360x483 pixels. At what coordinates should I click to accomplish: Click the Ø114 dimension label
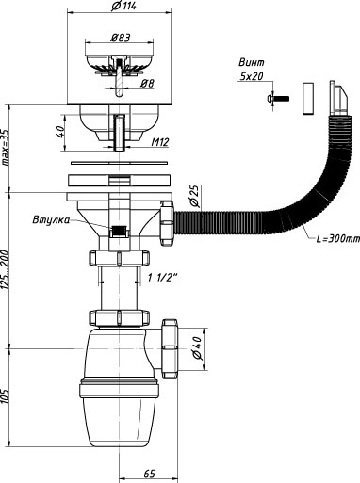coord(123,6)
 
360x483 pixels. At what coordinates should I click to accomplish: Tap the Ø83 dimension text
coord(120,38)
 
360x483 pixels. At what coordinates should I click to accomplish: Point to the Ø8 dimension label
coord(147,83)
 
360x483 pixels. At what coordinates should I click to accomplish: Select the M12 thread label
coord(160,142)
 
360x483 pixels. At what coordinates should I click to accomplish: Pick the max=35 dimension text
coord(6,147)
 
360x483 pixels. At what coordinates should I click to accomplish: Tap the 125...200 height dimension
coord(6,270)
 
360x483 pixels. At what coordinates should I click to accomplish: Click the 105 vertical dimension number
coord(6,396)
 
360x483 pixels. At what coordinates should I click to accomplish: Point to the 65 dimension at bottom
coord(150,474)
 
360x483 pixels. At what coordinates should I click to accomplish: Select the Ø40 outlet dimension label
coord(197,347)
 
